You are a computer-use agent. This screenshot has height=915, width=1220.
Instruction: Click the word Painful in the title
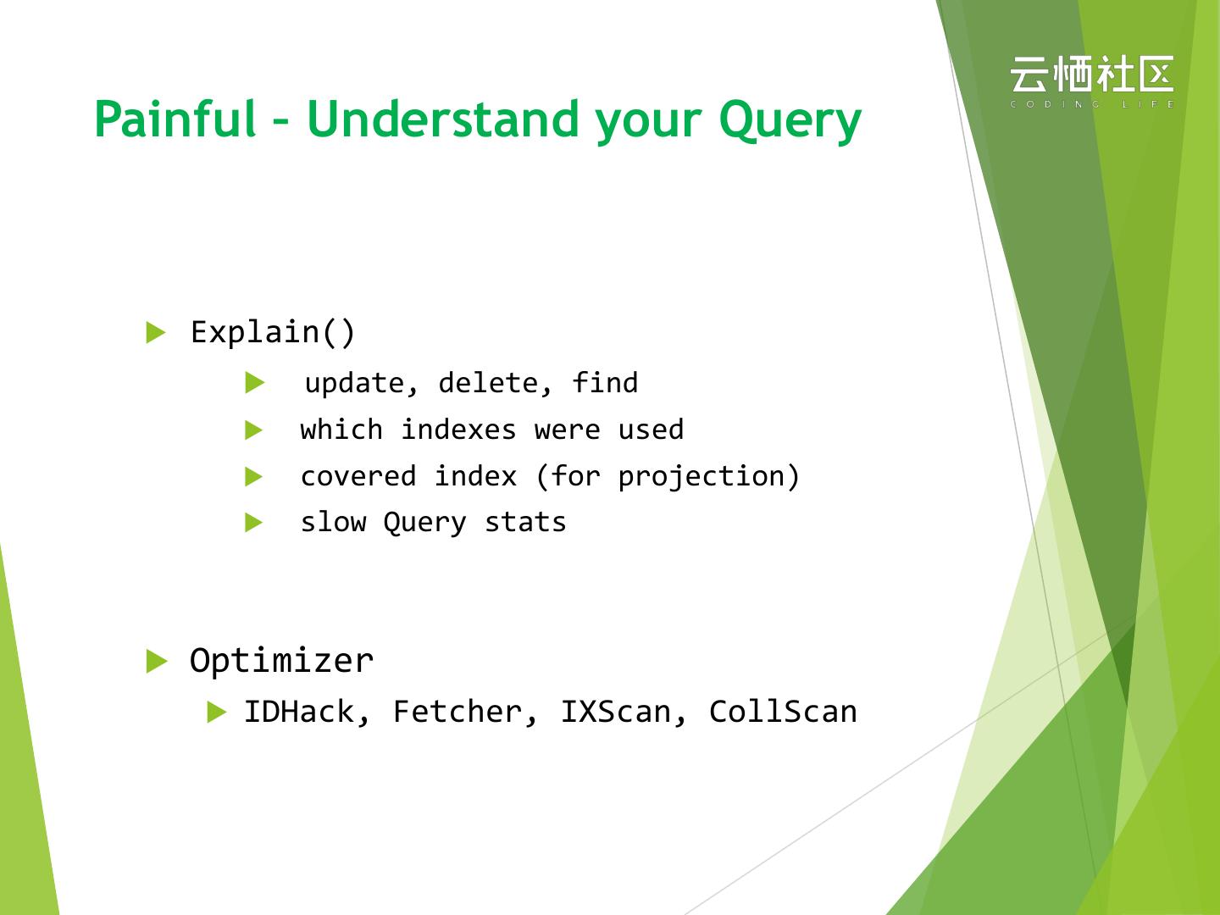175,119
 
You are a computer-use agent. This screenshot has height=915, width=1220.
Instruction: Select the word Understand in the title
443,119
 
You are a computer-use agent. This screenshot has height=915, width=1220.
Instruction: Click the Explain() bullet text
272,333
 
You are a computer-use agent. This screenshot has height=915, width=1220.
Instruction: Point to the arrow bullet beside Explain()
156,332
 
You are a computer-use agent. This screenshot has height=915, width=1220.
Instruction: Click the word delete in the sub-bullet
488,383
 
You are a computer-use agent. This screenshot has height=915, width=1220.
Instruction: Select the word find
605,383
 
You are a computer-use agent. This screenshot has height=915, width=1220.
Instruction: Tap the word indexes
458,430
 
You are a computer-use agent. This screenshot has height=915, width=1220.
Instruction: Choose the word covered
358,476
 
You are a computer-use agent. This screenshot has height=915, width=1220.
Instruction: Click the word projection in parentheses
701,477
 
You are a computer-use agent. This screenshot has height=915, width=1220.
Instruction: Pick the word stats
525,522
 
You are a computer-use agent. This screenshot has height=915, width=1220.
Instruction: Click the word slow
334,522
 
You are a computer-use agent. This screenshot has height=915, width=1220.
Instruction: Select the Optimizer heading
281,661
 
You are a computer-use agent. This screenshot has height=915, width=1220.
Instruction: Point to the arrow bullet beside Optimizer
156,661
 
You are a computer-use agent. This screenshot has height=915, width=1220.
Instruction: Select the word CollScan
783,712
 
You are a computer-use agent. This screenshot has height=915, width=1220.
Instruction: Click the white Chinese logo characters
1091,74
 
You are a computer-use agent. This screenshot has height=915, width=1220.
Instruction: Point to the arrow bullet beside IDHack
216,712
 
